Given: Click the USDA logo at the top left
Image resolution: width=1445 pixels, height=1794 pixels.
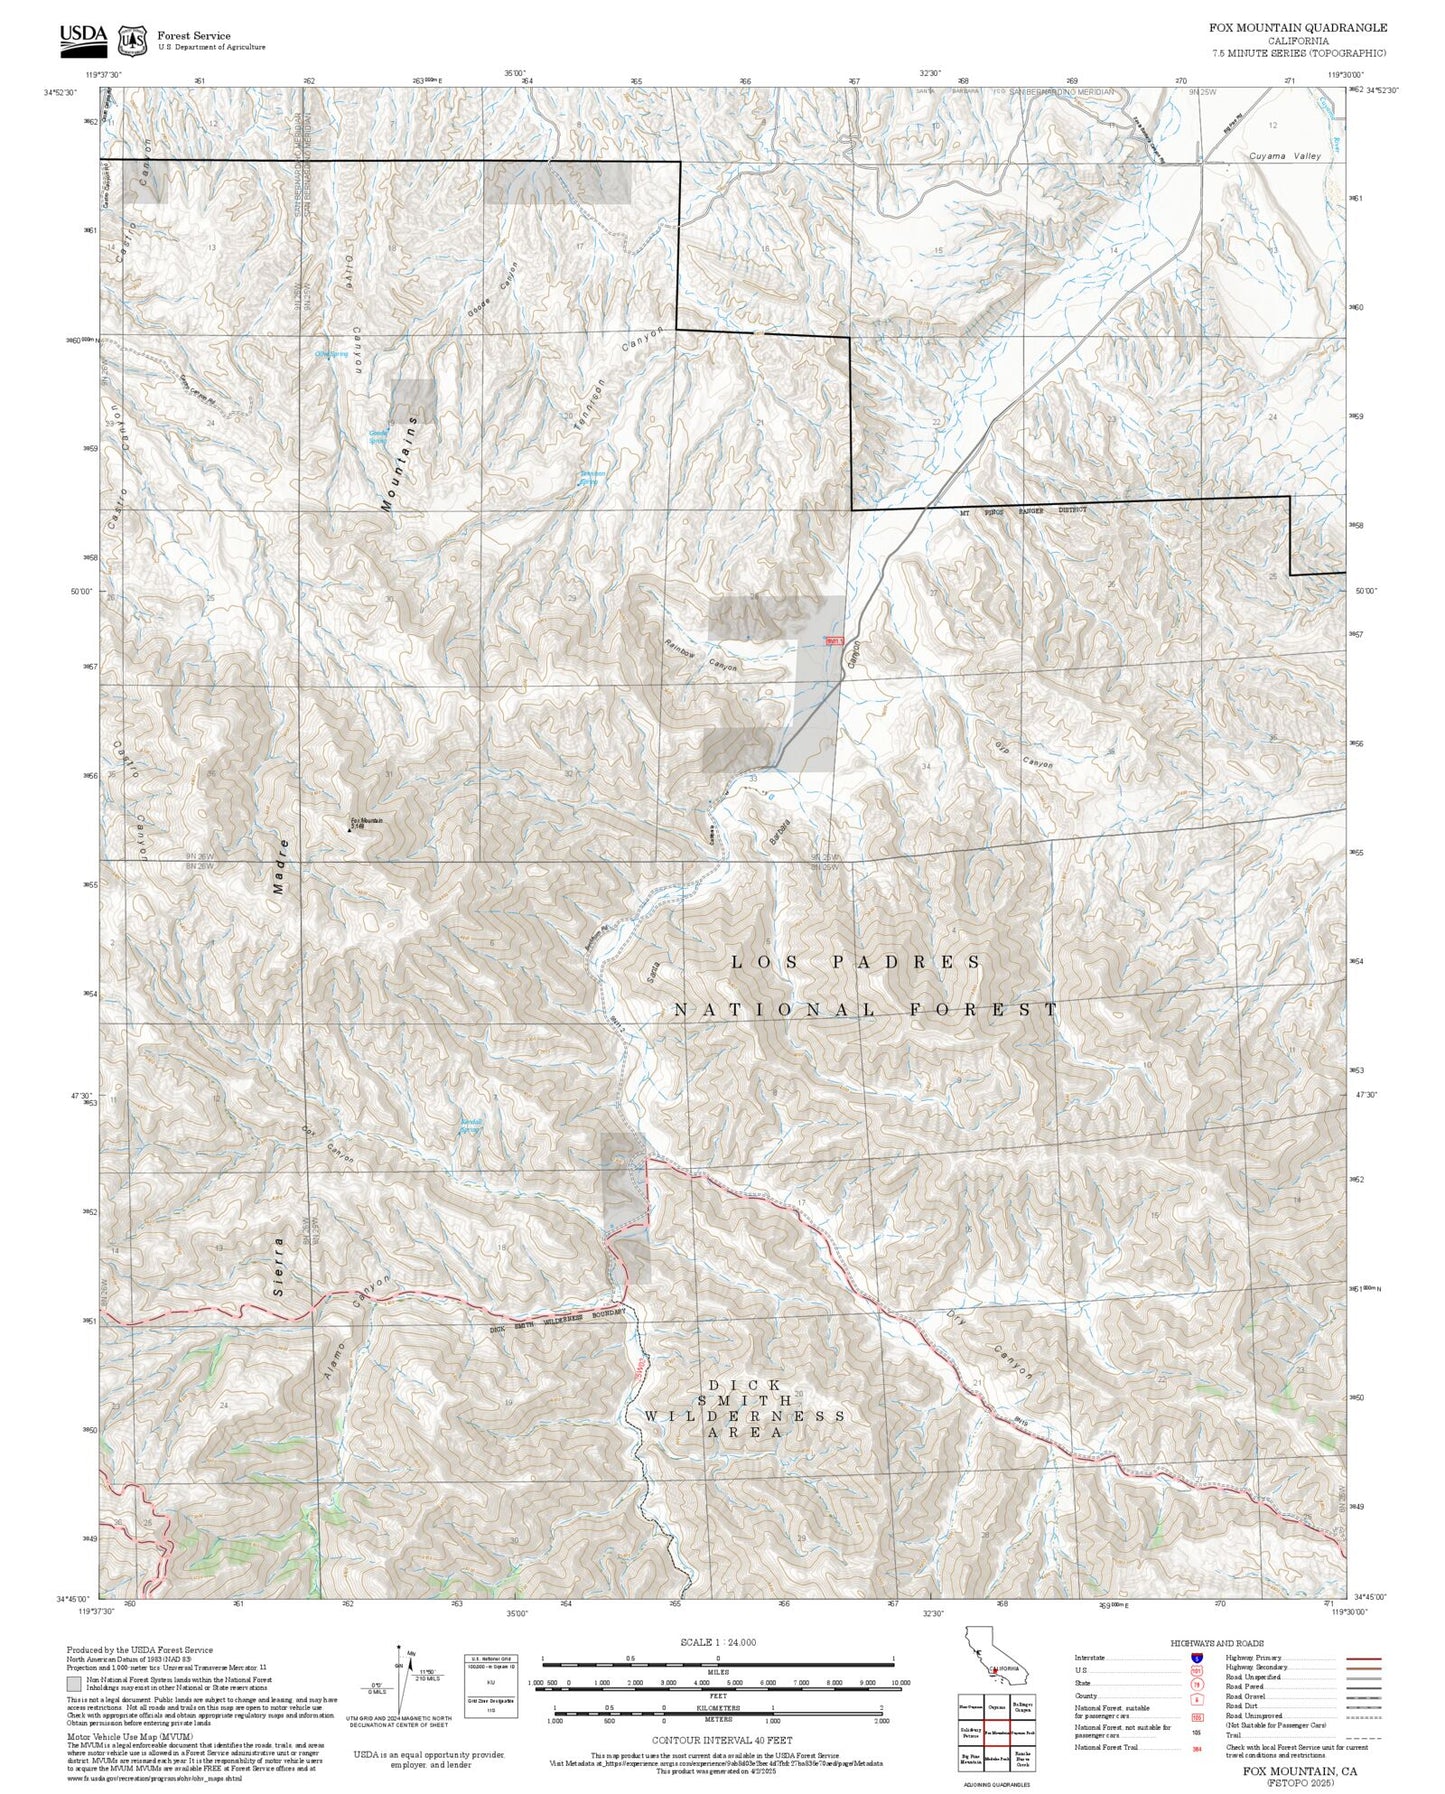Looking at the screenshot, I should [x=83, y=37].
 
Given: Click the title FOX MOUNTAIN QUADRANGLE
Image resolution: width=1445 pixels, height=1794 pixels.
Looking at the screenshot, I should [x=1298, y=28].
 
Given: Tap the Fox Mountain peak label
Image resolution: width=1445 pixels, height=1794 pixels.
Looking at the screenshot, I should [x=365, y=822].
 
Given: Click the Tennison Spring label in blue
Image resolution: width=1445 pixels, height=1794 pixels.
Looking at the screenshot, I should [x=593, y=477].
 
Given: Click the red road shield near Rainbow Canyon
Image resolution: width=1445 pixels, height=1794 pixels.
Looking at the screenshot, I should [x=834, y=641].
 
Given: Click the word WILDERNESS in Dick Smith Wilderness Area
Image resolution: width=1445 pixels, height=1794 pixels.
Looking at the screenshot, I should [x=744, y=1416].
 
